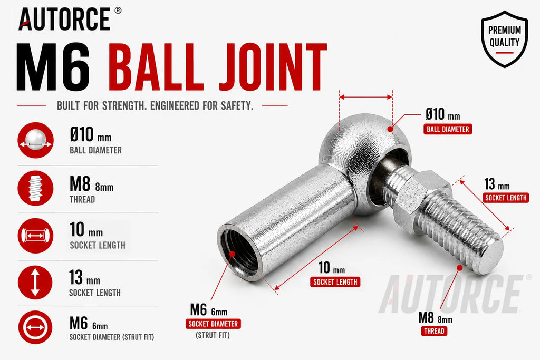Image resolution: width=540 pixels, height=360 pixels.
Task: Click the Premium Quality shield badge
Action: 504,39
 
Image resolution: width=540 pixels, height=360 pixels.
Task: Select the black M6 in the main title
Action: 53,67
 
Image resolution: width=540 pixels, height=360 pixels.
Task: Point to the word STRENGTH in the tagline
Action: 122,105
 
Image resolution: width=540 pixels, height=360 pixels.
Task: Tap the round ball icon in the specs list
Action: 35,140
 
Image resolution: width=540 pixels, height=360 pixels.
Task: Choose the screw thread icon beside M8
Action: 35,188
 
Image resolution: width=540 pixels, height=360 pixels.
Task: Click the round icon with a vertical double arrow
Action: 35,282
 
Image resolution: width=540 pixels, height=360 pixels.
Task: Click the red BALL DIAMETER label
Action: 448,130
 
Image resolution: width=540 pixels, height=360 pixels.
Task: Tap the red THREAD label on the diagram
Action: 434,331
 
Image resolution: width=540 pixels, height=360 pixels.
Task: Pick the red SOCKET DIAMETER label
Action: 213,324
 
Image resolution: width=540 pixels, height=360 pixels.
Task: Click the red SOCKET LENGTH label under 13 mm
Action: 506,198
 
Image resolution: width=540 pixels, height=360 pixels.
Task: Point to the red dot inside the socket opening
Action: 232,254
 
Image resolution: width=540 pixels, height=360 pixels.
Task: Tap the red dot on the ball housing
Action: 390,129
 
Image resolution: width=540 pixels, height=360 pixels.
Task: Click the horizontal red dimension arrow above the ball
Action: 366,98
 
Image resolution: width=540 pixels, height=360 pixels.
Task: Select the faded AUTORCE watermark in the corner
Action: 455,294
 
